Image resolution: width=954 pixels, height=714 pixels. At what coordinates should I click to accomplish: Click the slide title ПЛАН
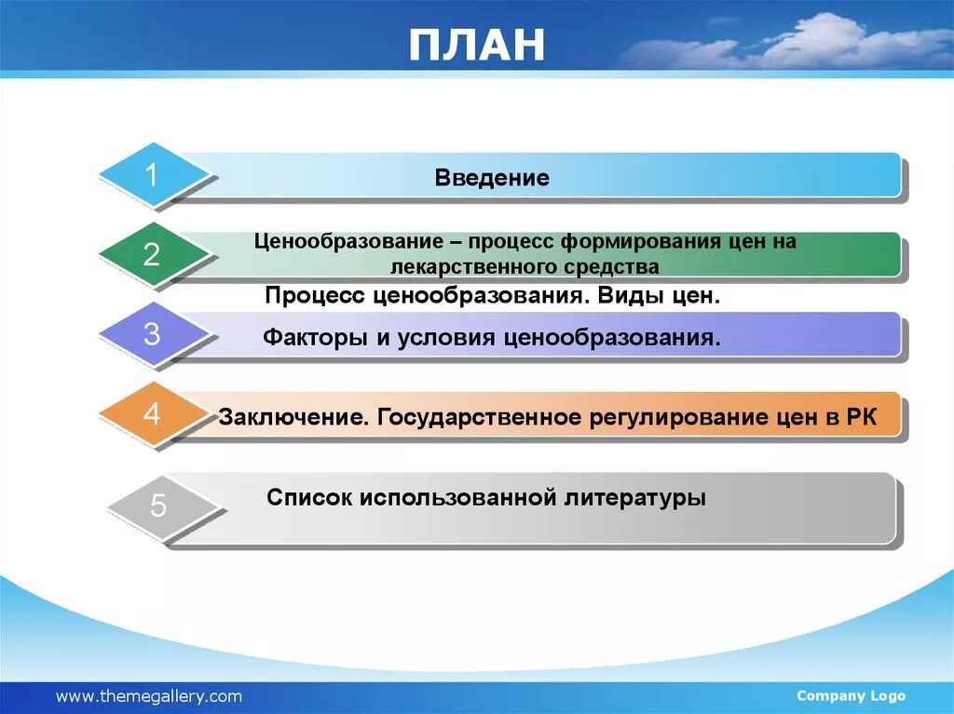tap(476, 45)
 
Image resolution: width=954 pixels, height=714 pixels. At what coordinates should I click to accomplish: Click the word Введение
tap(492, 178)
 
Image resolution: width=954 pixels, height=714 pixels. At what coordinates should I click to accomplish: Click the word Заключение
tap(293, 417)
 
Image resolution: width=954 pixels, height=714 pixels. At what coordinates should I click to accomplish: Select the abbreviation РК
tap(862, 417)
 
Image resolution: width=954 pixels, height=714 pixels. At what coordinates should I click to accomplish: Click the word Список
tap(309, 497)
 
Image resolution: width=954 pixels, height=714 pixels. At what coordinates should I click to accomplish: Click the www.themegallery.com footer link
tap(149, 696)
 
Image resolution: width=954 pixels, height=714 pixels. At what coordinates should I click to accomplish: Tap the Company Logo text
tap(851, 695)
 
